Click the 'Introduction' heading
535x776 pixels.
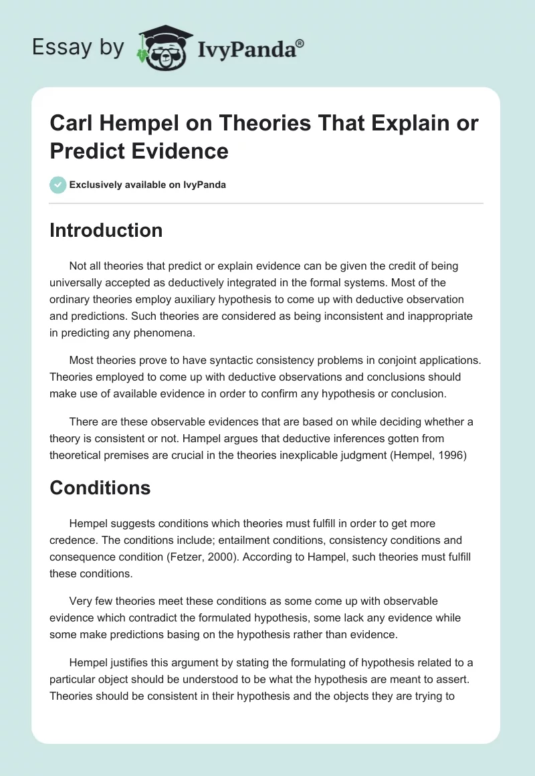[x=106, y=230]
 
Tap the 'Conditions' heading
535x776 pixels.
[x=100, y=488]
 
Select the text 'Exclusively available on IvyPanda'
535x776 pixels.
[x=148, y=185]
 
